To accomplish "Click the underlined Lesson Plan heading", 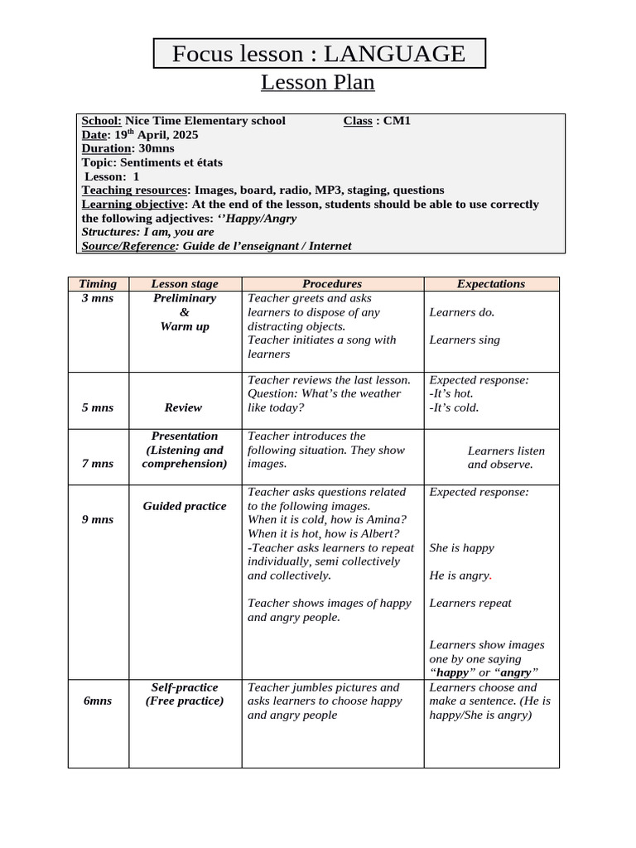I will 318,83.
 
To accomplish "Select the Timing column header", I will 98,284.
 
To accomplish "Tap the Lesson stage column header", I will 185,284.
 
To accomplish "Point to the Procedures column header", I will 332,284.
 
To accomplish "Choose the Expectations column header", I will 491,284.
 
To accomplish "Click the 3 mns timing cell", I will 98,298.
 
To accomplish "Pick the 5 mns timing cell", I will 98,407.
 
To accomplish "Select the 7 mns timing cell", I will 98,464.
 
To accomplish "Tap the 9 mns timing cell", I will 98,519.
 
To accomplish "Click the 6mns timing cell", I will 98,701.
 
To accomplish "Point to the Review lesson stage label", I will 183,407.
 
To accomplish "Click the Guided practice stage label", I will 184,506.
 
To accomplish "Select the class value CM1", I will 397,121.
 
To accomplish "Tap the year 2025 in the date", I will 182,135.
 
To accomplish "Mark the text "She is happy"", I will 461,548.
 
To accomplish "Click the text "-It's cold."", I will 454,407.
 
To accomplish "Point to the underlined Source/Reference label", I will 128,246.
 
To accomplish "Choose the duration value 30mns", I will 157,149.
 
